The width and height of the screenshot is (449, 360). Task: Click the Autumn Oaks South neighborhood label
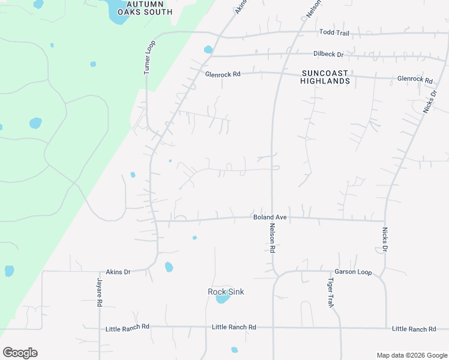click(x=145, y=8)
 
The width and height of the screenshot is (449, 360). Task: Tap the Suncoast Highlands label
click(x=325, y=77)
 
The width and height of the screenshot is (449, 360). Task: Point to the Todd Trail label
click(x=334, y=32)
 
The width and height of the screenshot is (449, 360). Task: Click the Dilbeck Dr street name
click(x=328, y=54)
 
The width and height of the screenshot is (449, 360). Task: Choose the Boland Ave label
click(x=270, y=217)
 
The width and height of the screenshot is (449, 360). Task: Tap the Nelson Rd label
click(x=272, y=237)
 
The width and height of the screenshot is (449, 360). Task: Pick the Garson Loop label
click(x=354, y=272)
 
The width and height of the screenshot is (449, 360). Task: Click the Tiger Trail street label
click(x=330, y=293)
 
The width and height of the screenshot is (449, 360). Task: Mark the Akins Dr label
click(x=118, y=272)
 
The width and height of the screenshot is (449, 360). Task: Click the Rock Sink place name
click(x=226, y=292)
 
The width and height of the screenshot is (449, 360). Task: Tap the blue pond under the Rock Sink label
click(x=223, y=299)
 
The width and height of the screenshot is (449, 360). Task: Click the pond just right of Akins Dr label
click(x=169, y=267)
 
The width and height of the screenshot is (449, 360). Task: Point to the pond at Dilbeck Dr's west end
click(x=208, y=50)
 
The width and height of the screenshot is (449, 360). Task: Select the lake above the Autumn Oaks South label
click(x=117, y=12)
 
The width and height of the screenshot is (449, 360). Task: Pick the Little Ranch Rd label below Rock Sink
click(x=234, y=327)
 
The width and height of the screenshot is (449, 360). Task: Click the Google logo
click(x=20, y=353)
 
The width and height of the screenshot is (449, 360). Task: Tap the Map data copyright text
click(x=411, y=355)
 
